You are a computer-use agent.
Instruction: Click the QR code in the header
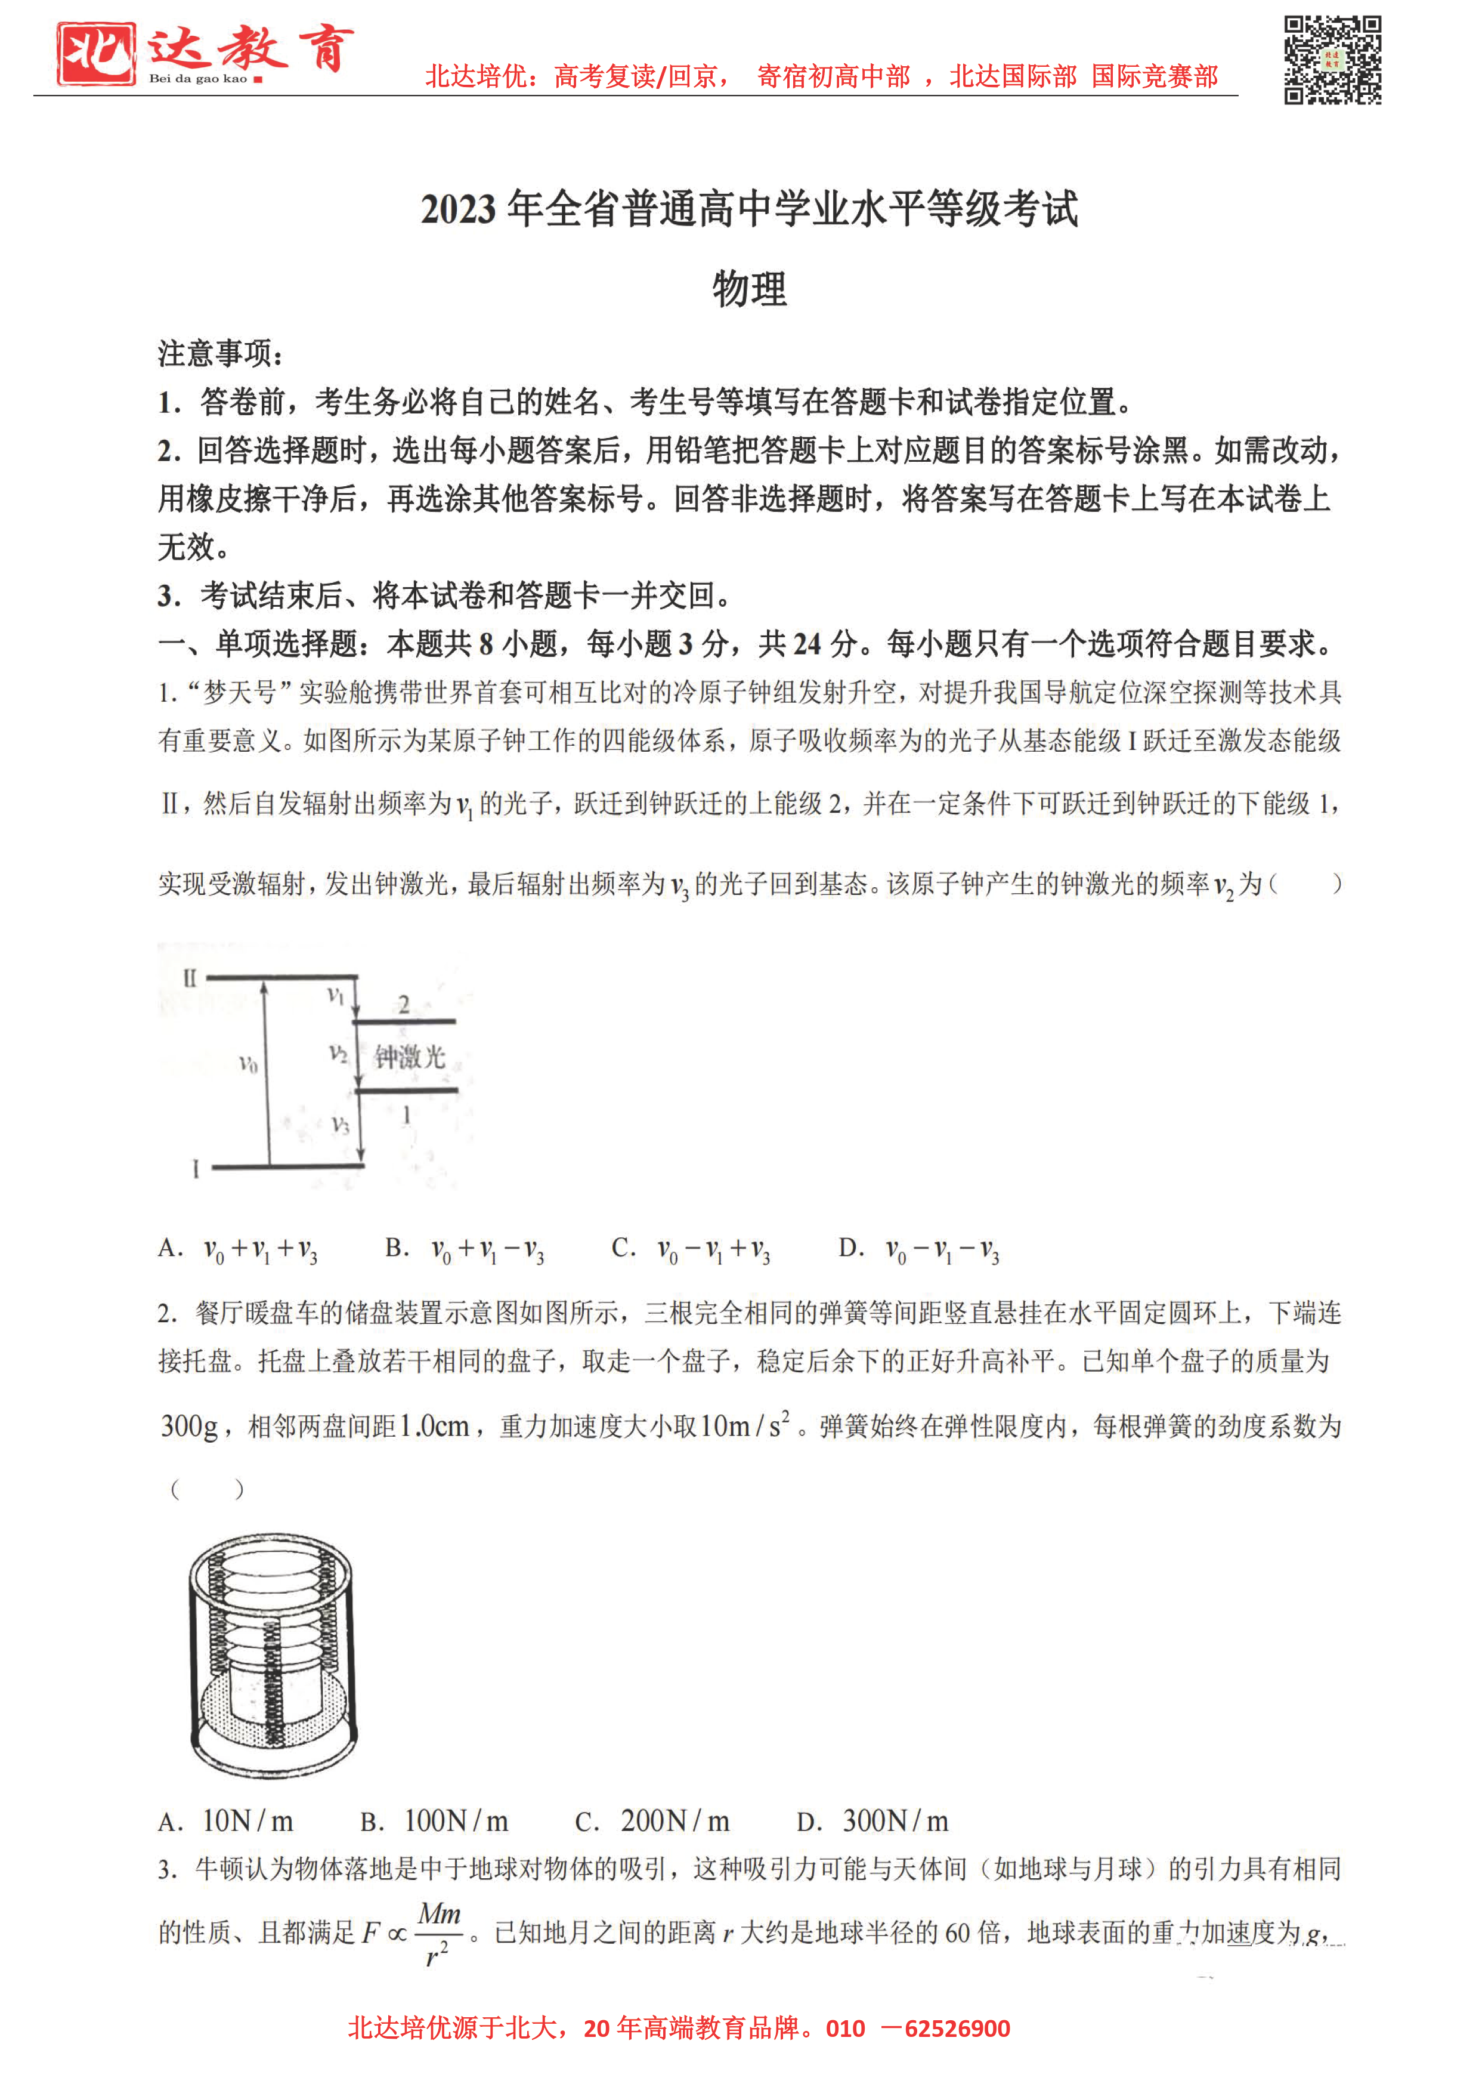(x=1332, y=60)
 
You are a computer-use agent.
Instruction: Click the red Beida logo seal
(x=95, y=55)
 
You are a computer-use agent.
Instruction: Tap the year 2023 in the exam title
(x=459, y=209)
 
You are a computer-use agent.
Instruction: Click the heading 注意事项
(x=219, y=353)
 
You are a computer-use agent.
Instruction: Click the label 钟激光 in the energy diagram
(x=409, y=1057)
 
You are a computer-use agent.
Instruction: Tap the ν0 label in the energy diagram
(x=248, y=1064)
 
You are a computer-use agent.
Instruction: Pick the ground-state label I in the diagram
(x=195, y=1169)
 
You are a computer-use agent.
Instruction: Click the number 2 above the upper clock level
(x=404, y=1005)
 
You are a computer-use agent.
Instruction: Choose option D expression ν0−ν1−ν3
(x=920, y=1249)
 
